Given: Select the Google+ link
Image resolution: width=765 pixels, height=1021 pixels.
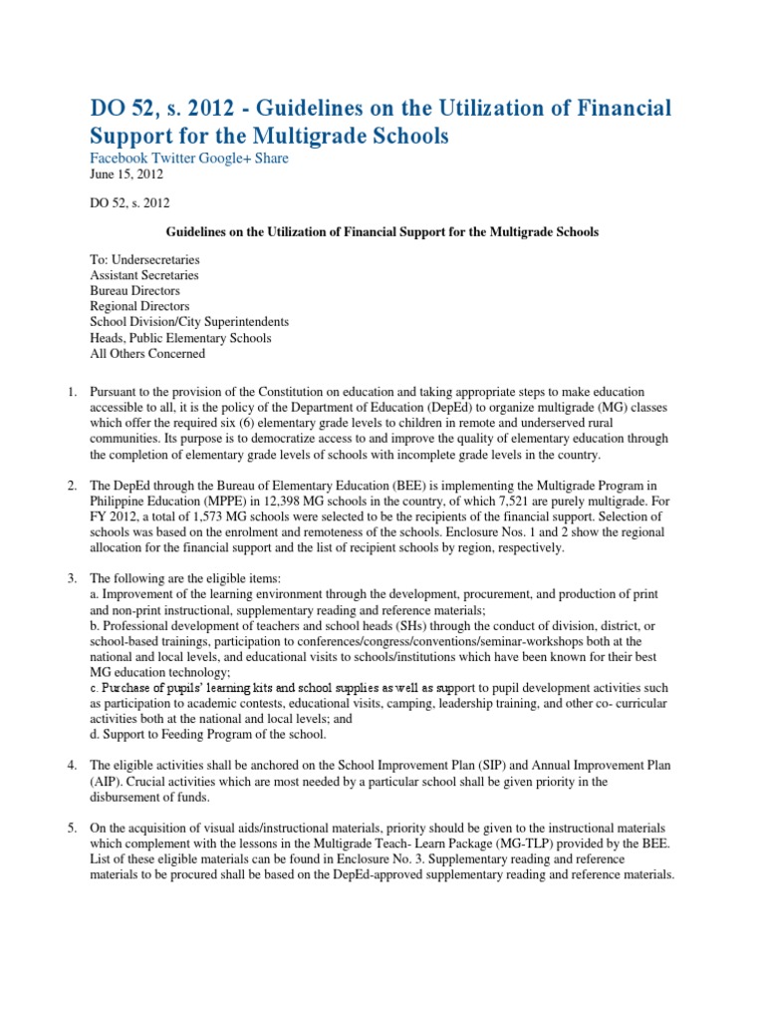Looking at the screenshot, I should [230, 159].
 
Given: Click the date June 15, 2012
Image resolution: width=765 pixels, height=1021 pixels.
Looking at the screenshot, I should [127, 175].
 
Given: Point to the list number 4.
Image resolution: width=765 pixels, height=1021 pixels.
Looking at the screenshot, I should [72, 765].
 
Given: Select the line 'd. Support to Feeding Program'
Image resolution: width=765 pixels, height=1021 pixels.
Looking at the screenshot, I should [208, 734].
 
